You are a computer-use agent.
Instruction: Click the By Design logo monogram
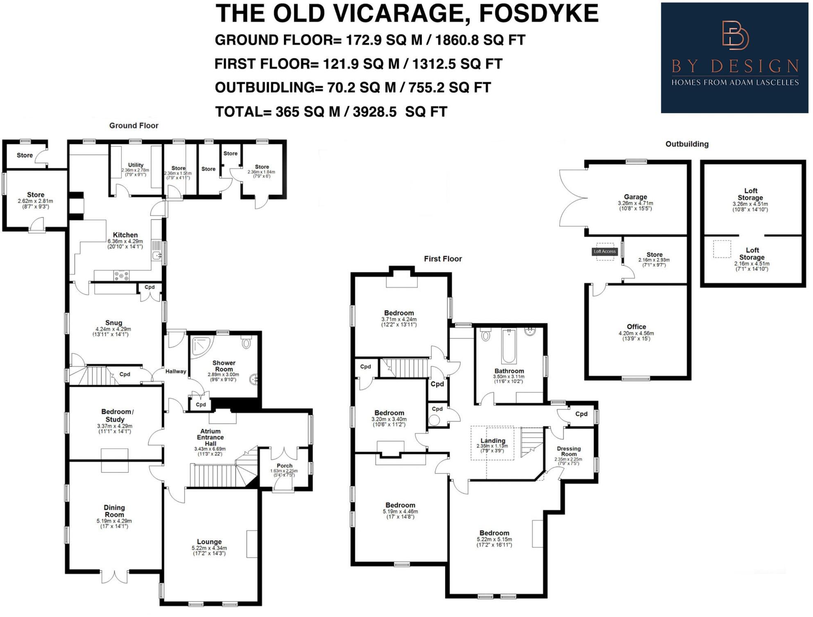pyautogui.click(x=735, y=35)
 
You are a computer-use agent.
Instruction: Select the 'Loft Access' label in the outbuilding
pyautogui.click(x=605, y=251)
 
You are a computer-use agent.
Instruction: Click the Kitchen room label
pyautogui.click(x=125, y=235)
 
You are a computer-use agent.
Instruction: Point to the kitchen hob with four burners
pyautogui.click(x=121, y=275)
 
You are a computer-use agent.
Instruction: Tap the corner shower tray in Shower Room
pyautogui.click(x=201, y=346)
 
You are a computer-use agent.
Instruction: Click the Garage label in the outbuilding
pyautogui.click(x=635, y=197)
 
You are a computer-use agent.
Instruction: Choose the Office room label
pyautogui.click(x=636, y=327)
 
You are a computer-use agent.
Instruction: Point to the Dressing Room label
pyautogui.click(x=568, y=451)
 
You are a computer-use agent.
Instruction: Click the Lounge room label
pyautogui.click(x=209, y=542)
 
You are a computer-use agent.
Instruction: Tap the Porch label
pyautogui.click(x=284, y=466)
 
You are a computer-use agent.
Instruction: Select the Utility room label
pyautogui.click(x=136, y=165)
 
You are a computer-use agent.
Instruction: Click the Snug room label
pyautogui.click(x=113, y=323)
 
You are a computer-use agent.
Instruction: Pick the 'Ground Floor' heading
pyautogui.click(x=134, y=125)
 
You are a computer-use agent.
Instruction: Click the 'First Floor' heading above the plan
pyautogui.click(x=443, y=259)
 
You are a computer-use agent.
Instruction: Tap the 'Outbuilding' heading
pyautogui.click(x=686, y=144)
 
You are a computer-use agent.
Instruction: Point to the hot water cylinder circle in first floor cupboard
pyautogui.click(x=434, y=420)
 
